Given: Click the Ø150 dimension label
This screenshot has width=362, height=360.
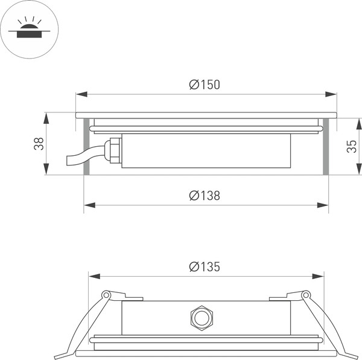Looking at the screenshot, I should click(205, 85).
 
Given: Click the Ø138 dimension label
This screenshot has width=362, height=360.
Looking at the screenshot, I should click(205, 196).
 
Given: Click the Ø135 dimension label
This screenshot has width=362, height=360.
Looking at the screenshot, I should click(205, 266).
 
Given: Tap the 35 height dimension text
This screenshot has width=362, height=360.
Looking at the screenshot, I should click(352, 146).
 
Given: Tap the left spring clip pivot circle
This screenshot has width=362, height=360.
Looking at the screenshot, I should click(106, 295).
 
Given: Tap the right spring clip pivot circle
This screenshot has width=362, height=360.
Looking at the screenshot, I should click(306, 295).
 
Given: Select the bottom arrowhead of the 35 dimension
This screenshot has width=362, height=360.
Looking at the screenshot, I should click(358, 170).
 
